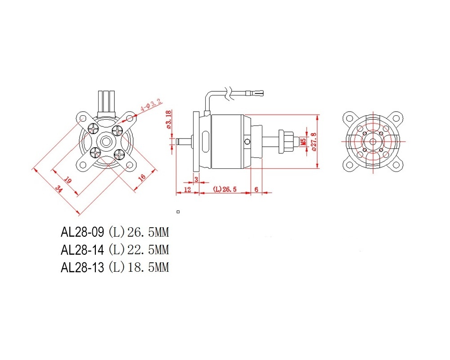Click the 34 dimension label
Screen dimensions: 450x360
[59, 189]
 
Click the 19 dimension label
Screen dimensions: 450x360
[68, 180]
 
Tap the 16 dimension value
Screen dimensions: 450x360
[142, 177]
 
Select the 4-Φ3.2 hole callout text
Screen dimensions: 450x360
[151, 105]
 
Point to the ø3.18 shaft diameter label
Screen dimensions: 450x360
[169, 119]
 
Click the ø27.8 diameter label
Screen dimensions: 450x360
[314, 142]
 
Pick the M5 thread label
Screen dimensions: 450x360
[302, 142]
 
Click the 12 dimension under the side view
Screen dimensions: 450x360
[187, 189]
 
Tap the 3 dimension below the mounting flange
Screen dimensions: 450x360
[196, 180]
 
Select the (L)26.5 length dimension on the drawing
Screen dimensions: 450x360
[225, 189]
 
